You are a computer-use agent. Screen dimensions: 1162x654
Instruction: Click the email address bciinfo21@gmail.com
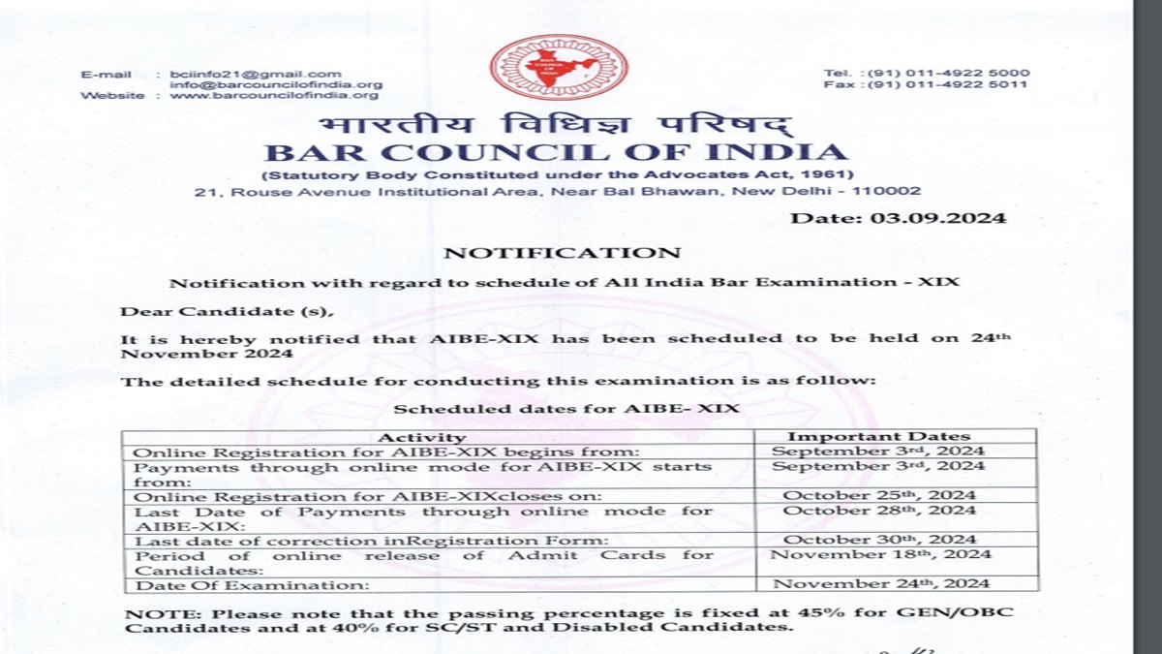point(256,74)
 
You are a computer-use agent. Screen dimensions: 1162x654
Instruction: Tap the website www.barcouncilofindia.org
point(274,95)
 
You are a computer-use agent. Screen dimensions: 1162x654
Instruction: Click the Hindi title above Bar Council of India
point(556,125)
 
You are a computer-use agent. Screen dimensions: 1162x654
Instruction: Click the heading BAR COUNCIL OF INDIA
point(556,153)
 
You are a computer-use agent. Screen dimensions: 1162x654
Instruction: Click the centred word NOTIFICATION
point(562,253)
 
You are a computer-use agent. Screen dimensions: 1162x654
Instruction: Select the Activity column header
point(420,437)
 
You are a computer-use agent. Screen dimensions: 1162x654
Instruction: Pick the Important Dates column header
point(878,437)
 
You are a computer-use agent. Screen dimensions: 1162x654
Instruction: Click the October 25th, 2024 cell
point(879,495)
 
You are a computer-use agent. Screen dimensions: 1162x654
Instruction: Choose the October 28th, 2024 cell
point(879,510)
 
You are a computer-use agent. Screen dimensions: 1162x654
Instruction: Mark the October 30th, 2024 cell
point(879,540)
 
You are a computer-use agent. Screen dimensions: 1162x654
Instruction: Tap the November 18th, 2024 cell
point(881,554)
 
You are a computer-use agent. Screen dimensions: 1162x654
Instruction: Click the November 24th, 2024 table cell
point(881,583)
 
